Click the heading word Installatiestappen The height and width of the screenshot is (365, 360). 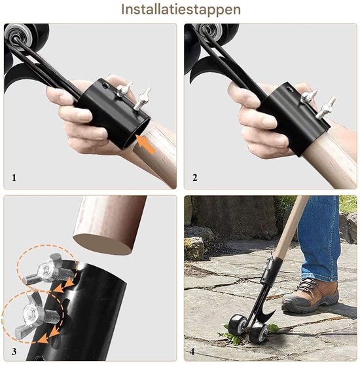(181, 10)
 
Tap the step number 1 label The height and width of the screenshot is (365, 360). (14, 178)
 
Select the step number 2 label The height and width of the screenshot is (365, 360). (195, 178)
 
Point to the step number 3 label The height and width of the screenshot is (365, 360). (14, 351)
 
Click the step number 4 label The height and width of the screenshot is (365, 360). (192, 351)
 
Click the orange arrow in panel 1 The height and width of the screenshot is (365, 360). (146, 145)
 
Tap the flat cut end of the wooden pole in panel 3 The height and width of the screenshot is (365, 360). (103, 244)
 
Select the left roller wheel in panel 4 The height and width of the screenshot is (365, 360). (238, 325)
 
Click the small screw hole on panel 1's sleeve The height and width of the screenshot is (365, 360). (105, 86)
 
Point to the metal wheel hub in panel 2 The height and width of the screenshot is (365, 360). (211, 30)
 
